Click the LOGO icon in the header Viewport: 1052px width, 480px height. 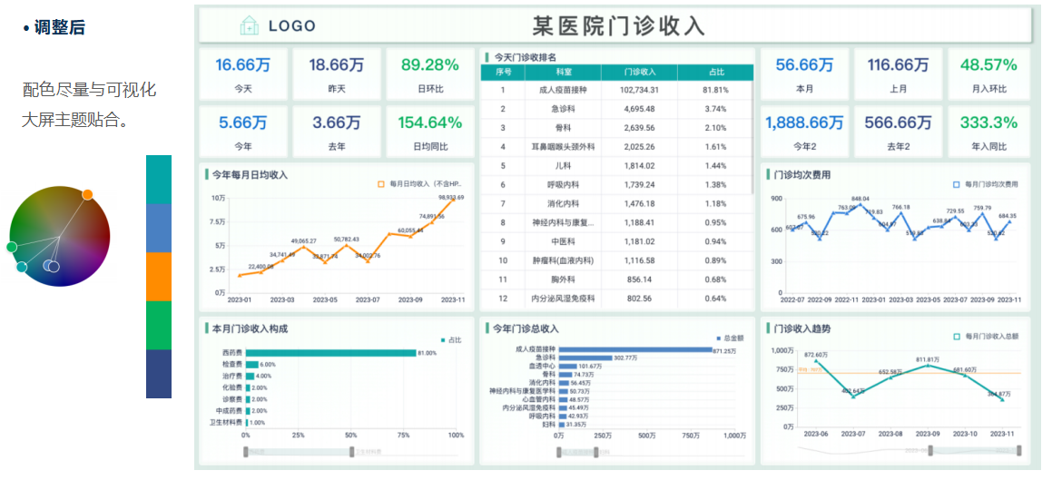pyautogui.click(x=250, y=25)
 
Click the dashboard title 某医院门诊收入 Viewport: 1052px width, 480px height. pyautogui.click(x=618, y=25)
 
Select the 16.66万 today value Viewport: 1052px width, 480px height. pyautogui.click(x=242, y=64)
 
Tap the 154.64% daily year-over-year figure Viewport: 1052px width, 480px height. pyautogui.click(x=430, y=122)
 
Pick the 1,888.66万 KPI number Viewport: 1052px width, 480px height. pyautogui.click(x=803, y=122)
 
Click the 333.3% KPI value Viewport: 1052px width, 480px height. pyautogui.click(x=988, y=122)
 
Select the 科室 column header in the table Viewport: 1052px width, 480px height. pyautogui.click(x=564, y=71)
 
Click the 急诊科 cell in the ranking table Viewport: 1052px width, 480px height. pyautogui.click(x=564, y=109)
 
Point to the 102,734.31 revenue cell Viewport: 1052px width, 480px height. pyautogui.click(x=645, y=90)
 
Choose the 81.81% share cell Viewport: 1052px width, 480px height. pyautogui.click(x=715, y=90)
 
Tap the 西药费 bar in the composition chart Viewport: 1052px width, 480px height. pyautogui.click(x=330, y=353)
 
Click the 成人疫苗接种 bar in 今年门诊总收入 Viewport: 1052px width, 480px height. pyautogui.click(x=634, y=349)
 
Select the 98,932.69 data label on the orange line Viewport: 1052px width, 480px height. pyautogui.click(x=451, y=197)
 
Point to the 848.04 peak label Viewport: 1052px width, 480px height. pyautogui.click(x=860, y=199)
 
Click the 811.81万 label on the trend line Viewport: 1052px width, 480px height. pyautogui.click(x=927, y=359)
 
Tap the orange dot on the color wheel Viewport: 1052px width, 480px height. pyautogui.click(x=87, y=194)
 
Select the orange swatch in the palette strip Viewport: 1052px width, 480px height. pyautogui.click(x=159, y=276)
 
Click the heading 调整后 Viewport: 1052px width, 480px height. pyautogui.click(x=59, y=28)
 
